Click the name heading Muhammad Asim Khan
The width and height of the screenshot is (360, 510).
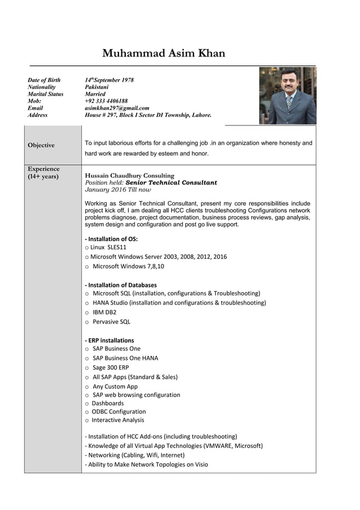tap(164, 54)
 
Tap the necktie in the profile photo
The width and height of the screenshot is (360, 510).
tap(289, 103)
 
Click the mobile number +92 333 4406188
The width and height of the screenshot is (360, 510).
tap(106, 101)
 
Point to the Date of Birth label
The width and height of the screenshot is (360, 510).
tap(44, 80)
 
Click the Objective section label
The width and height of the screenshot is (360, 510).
tap(41, 145)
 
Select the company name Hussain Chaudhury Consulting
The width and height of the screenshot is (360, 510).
tap(129, 176)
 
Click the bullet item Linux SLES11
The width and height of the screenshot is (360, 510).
tap(108, 247)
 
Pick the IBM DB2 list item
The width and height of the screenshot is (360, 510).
tap(104, 312)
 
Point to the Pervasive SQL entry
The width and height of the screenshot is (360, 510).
tap(111, 322)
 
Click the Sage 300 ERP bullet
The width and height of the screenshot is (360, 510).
tap(111, 368)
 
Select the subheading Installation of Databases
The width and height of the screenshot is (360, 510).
tap(121, 285)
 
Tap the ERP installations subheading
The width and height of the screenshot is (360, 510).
tap(109, 341)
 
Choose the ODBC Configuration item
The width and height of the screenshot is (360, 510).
tap(118, 412)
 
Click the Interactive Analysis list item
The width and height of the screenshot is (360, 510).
tap(117, 420)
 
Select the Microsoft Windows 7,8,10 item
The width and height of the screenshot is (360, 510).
tap(128, 267)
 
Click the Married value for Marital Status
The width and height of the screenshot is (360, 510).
tap(95, 94)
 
